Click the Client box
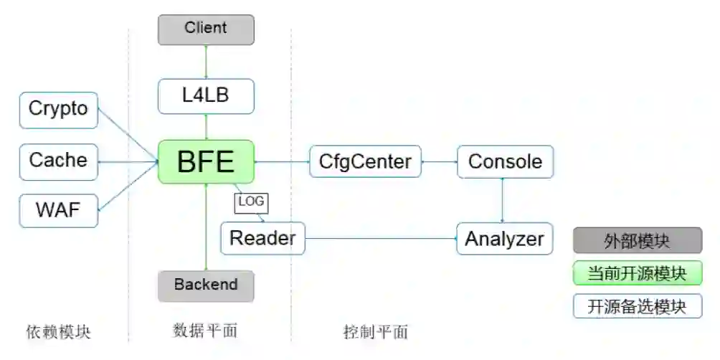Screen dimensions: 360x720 (206, 29)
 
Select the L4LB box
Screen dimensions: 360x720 (206, 95)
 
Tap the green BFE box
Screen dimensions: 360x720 (206, 161)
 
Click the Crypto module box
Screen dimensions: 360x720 (58, 110)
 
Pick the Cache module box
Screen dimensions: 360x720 (58, 161)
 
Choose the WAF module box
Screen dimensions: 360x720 (58, 211)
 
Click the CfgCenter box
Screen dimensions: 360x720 (365, 162)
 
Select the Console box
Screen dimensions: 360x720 (505, 162)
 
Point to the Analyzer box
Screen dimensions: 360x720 (505, 238)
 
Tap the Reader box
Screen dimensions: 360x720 (262, 238)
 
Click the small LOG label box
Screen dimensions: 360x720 (251, 203)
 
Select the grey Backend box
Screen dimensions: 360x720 (206, 285)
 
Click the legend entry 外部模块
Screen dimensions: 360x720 (637, 241)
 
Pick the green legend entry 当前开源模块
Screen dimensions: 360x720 (637, 273)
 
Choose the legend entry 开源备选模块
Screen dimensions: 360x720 (637, 306)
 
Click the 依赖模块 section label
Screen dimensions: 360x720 (59, 331)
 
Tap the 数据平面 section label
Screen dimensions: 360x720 (205, 330)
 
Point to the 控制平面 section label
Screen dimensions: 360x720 (375, 331)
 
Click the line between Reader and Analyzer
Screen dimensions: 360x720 (380, 238)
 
